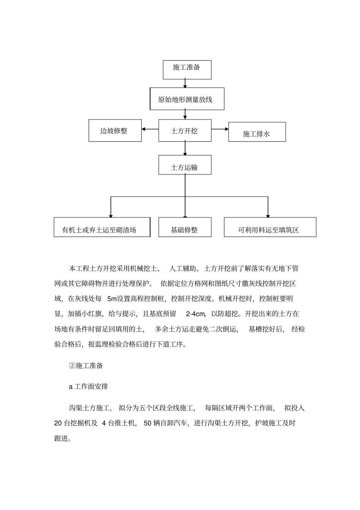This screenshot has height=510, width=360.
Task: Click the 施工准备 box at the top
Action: (187, 69)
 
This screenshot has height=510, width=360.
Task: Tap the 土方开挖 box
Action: (185, 131)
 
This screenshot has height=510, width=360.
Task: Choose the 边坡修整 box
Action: (115, 131)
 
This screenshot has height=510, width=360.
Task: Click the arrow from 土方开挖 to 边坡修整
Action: (150, 129)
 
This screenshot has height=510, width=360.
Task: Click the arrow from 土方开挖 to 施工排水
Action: (220, 129)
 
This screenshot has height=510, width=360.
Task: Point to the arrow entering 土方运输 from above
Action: (185, 148)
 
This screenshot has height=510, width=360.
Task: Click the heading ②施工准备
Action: (86, 366)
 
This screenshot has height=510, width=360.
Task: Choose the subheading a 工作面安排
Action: (88, 387)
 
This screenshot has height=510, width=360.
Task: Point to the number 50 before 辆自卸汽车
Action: (147, 424)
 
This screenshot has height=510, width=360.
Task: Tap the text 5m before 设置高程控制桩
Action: (112, 299)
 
